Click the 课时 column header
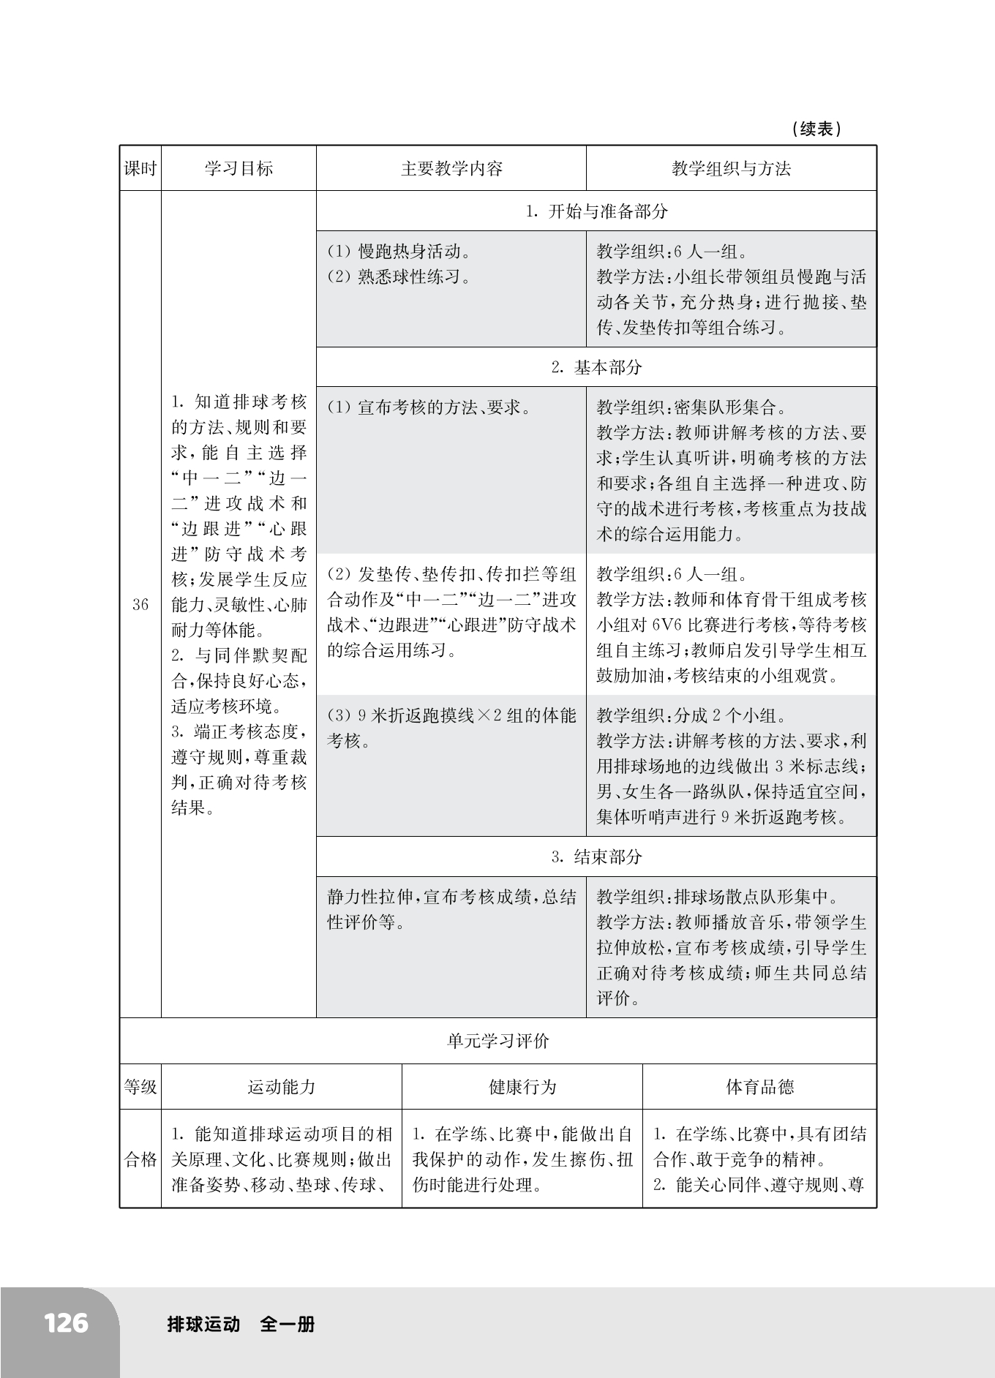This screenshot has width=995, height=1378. coord(140,169)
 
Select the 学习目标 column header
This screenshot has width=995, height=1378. coord(239,169)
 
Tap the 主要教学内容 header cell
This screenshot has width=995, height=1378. coord(451,169)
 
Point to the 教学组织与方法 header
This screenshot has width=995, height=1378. coord(731,169)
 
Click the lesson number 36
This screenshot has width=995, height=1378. coord(140,605)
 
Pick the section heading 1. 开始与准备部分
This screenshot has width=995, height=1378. coord(596,212)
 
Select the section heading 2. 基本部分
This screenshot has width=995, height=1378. coord(596,368)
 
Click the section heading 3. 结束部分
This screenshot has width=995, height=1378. coord(596,857)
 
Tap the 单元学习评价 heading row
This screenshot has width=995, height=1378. coord(497,1042)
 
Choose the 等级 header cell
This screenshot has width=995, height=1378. coord(140,1087)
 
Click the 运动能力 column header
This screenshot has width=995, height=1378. coord(282,1087)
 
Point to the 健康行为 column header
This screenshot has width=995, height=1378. coord(522,1087)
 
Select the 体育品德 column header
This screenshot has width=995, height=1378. coord(759,1087)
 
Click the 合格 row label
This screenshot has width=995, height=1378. coord(140,1159)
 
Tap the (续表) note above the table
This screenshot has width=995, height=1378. coord(816,129)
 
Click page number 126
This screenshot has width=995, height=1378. coord(66,1323)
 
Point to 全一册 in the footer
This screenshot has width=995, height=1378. coord(288,1324)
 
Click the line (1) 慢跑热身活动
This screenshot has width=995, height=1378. coord(398,252)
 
